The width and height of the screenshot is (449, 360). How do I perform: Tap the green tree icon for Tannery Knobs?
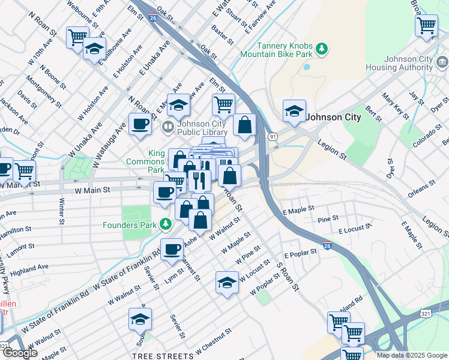point(322,47)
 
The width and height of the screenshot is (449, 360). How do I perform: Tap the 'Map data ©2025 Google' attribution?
point(412,355)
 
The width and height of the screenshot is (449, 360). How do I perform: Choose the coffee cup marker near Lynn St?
point(172,249)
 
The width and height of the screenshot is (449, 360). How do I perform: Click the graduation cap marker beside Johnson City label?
point(294,112)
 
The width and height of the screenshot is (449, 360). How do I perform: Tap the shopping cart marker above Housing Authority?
point(426,26)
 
